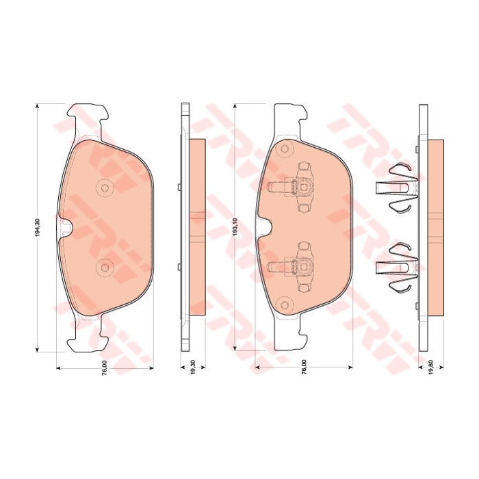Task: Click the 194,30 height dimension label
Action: (x=38, y=228)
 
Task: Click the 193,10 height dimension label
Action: (x=235, y=227)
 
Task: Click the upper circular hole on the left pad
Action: (x=105, y=188)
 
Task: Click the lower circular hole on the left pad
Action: (x=105, y=268)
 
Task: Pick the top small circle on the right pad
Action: (x=285, y=149)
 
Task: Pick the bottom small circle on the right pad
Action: (x=285, y=305)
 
